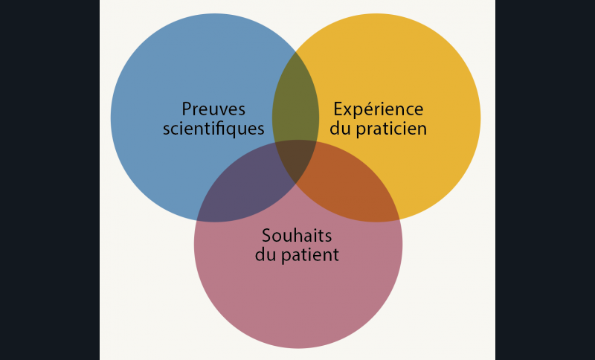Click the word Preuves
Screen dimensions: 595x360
(x=213, y=109)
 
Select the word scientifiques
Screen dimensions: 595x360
(x=213, y=129)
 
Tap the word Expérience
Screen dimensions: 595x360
(x=379, y=110)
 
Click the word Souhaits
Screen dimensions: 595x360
(x=297, y=236)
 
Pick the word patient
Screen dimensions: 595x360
(x=310, y=255)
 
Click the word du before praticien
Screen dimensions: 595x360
(x=340, y=128)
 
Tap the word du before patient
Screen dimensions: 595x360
(x=266, y=254)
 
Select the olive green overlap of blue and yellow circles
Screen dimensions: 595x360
(x=295, y=103)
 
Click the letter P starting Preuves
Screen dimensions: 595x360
(x=187, y=109)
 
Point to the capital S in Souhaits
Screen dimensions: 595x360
(x=267, y=236)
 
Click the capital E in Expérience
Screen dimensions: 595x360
(x=338, y=109)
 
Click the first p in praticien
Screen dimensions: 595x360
(x=361, y=131)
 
